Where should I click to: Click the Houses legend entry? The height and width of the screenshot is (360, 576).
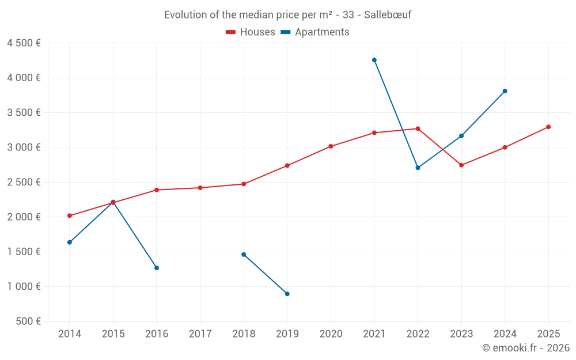click(251, 32)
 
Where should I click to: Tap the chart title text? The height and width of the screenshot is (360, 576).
click(287, 15)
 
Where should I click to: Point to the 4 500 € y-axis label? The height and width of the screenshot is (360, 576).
click(24, 43)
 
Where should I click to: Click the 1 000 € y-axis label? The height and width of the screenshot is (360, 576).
click(24, 286)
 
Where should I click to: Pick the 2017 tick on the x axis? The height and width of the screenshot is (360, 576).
click(200, 334)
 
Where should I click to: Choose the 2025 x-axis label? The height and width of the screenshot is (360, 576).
click(548, 334)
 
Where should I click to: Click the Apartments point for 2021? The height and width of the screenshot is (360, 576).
click(374, 60)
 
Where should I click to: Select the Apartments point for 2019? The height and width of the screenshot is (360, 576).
click(287, 294)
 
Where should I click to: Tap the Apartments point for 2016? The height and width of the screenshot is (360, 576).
click(157, 268)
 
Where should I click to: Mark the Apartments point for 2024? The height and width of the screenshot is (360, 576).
click(505, 91)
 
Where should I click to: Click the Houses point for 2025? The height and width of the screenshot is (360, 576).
click(548, 127)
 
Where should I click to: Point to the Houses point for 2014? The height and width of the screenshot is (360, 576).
click(70, 216)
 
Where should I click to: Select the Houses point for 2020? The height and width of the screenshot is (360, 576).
click(331, 146)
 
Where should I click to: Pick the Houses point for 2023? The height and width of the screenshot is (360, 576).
click(461, 165)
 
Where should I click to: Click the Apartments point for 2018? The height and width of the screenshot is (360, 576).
click(244, 255)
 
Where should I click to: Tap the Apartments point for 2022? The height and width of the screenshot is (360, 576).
click(418, 168)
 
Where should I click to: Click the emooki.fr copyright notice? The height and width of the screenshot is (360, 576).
click(526, 348)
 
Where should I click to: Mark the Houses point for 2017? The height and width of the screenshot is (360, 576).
click(200, 188)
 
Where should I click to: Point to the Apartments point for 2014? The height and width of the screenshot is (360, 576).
click(70, 242)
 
